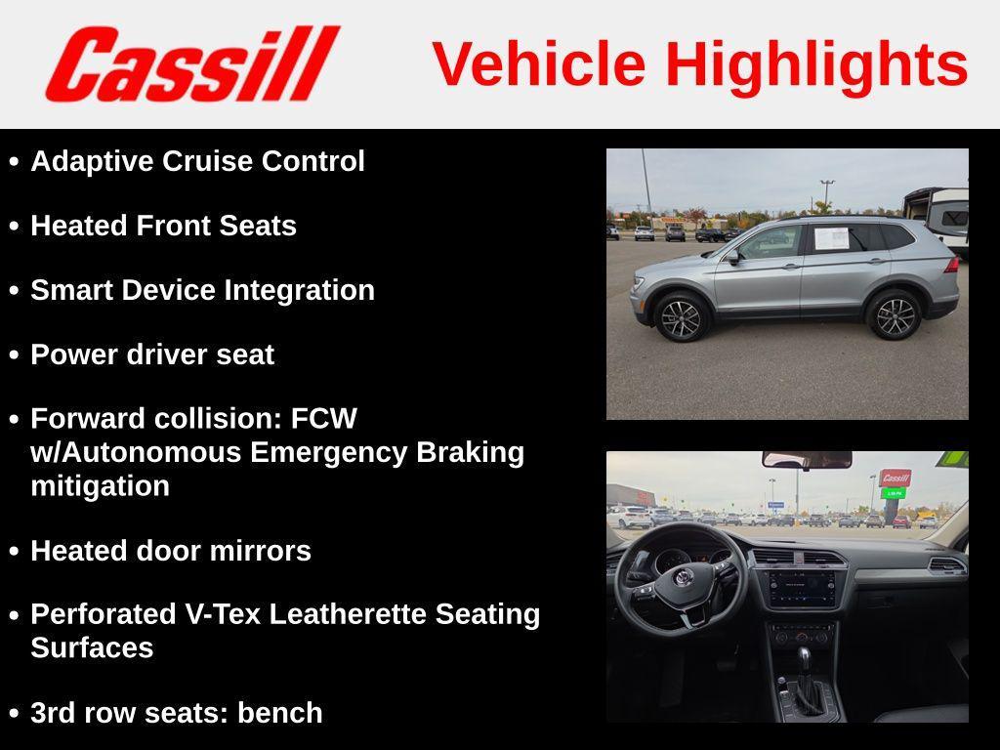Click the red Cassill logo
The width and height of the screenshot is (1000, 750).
191,63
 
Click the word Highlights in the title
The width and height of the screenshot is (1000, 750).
816,64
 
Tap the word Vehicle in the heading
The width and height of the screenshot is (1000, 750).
539,64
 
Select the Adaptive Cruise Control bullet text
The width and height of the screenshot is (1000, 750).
197,161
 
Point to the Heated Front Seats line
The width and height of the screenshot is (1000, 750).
163,226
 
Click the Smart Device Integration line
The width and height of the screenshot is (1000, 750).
202,290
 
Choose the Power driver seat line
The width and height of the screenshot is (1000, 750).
152,354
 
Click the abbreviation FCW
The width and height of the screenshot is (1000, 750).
324,419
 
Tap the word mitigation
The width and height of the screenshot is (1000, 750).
100,485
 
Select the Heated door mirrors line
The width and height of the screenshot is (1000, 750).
171,551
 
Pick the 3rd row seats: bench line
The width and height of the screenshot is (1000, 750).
176,713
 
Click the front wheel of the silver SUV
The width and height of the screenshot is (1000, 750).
681,317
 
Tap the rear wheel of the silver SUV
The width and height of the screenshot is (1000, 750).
893,314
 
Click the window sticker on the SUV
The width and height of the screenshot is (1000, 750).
831,238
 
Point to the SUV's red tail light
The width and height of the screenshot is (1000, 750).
950,265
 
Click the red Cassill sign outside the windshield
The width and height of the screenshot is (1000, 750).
895,478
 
